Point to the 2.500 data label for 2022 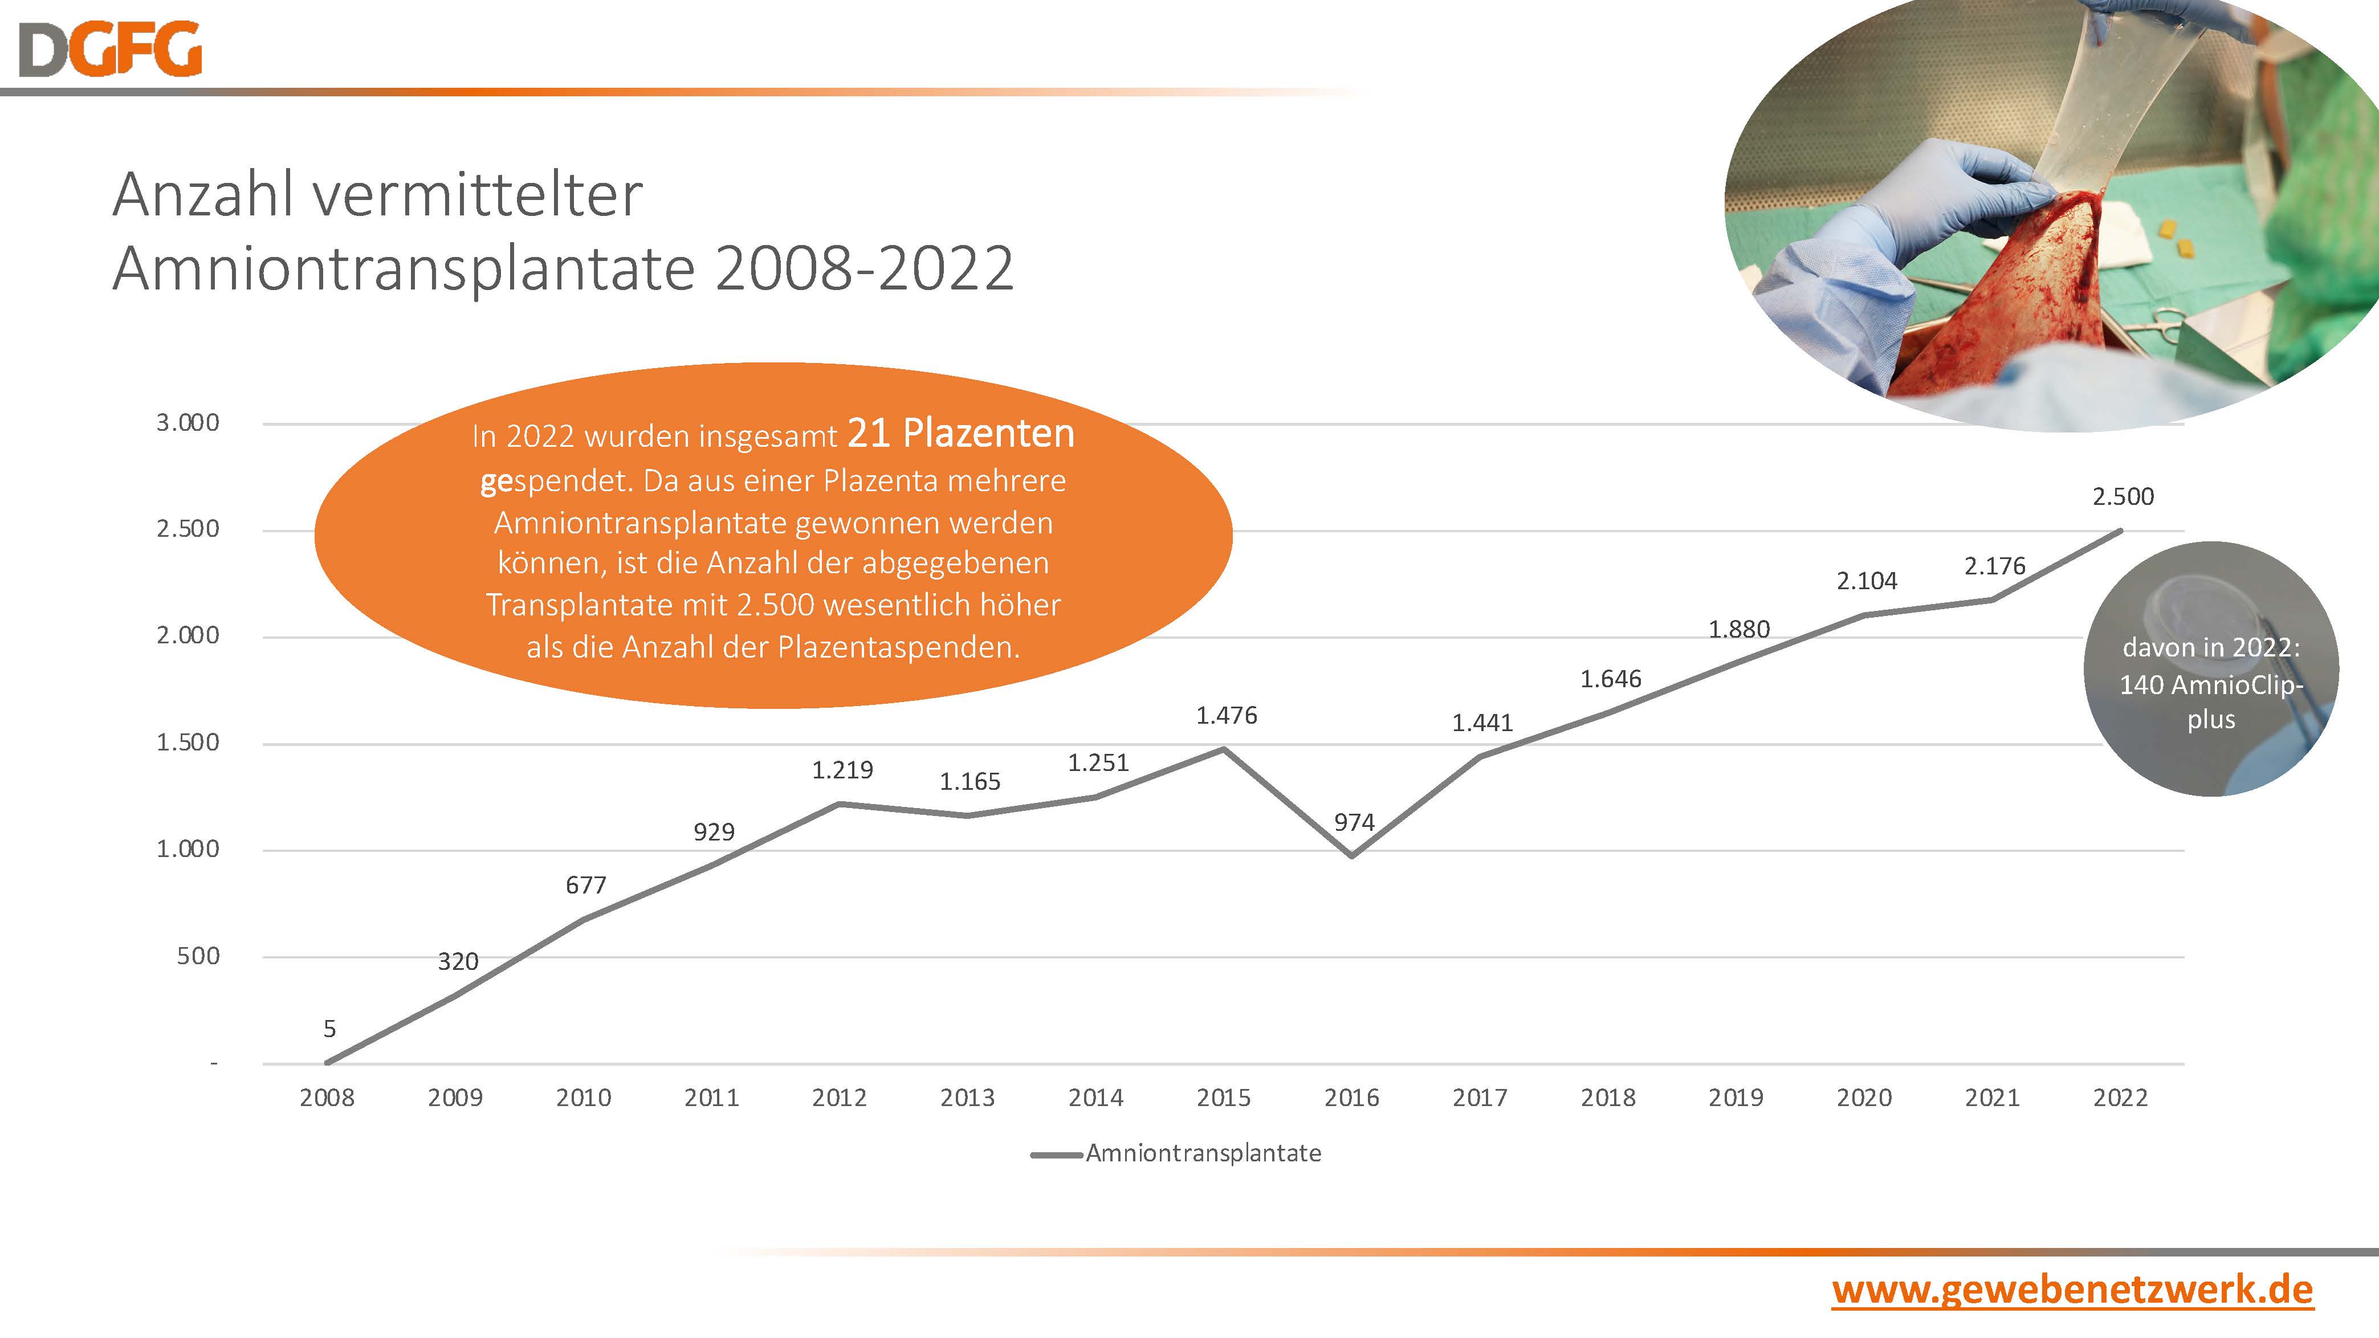2123,497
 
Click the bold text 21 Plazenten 960,434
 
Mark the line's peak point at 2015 1225,749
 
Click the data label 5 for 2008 329,1029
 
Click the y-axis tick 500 198,956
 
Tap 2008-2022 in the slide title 865,270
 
